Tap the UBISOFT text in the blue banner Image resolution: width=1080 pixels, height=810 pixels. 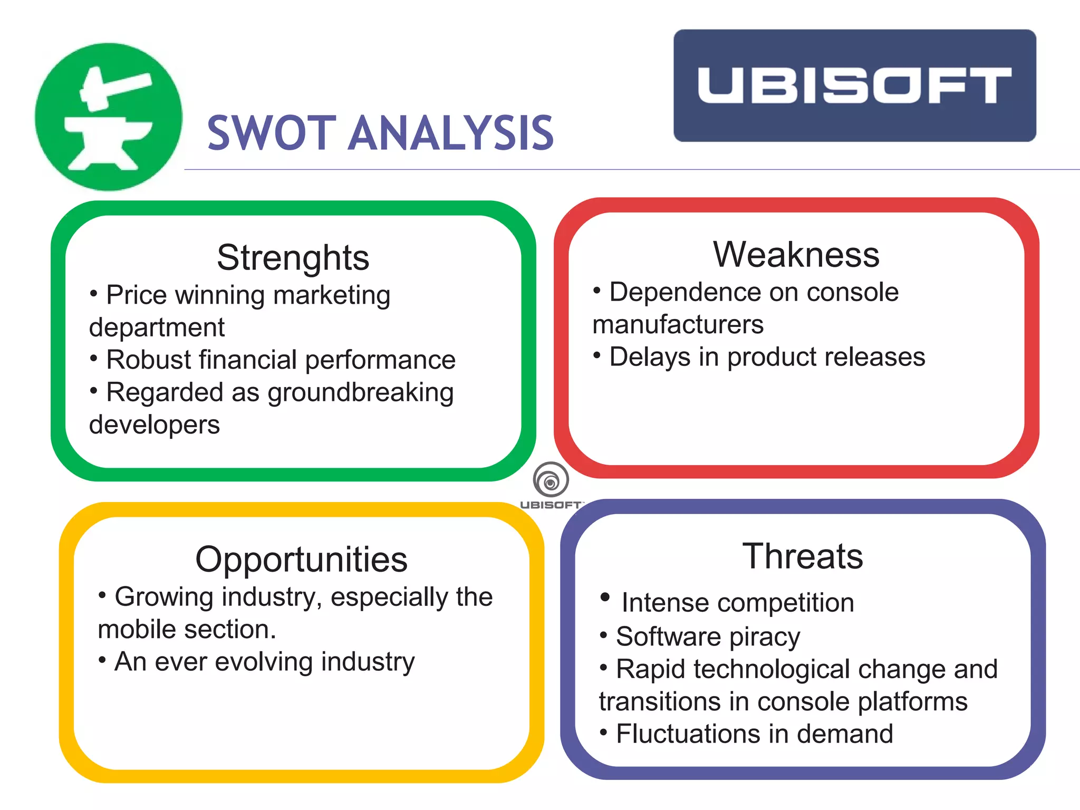tap(854, 85)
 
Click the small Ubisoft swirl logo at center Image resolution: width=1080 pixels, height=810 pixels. tap(551, 480)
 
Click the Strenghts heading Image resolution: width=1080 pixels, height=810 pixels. tap(293, 258)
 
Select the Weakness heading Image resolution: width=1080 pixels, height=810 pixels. tap(796, 255)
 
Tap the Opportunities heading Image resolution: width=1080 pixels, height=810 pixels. tap(301, 560)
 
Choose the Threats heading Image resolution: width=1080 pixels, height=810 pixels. tap(803, 556)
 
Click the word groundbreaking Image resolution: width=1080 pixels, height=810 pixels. tap(360, 393)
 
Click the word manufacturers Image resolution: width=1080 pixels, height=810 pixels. tap(678, 324)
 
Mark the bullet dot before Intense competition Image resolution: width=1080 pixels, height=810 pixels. tap(605, 597)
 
